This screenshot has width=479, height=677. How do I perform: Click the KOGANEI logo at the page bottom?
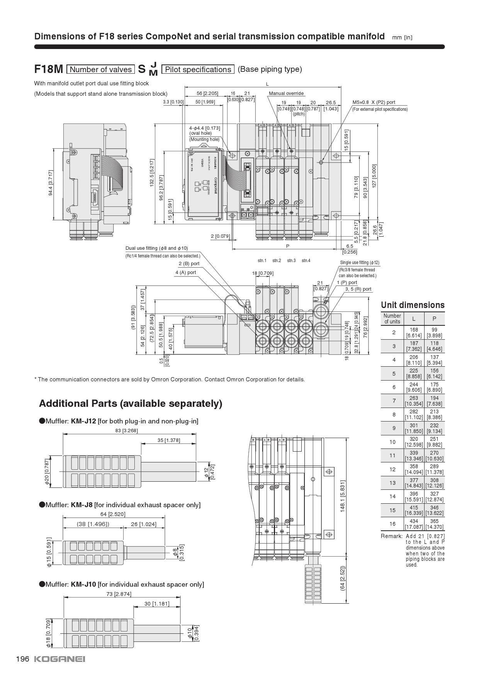[59, 659]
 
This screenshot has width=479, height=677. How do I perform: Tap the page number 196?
[22, 659]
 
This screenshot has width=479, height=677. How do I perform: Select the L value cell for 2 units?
[414, 332]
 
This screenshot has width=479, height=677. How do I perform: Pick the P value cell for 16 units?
[434, 524]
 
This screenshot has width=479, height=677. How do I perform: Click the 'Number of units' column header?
[392, 318]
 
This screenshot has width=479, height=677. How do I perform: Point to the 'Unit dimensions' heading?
[413, 305]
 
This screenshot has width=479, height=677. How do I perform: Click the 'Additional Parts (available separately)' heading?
[131, 403]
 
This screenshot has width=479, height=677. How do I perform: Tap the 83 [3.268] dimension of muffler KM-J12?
[126, 430]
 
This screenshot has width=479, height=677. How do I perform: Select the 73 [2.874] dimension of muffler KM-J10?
[119, 594]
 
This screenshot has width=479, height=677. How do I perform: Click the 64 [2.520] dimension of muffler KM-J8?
[113, 514]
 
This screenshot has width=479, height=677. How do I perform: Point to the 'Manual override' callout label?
[286, 93]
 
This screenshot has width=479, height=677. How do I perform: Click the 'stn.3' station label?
[291, 261]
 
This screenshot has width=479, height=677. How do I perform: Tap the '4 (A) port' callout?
[185, 272]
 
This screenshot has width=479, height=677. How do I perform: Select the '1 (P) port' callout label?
[347, 282]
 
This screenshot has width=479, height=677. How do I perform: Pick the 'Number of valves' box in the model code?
[101, 69]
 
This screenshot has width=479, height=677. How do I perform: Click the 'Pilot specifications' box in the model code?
[198, 69]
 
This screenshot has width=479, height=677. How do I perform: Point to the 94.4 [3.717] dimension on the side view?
[51, 183]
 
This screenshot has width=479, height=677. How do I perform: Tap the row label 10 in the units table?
[392, 442]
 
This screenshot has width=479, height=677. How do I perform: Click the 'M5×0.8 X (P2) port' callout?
[374, 102]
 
